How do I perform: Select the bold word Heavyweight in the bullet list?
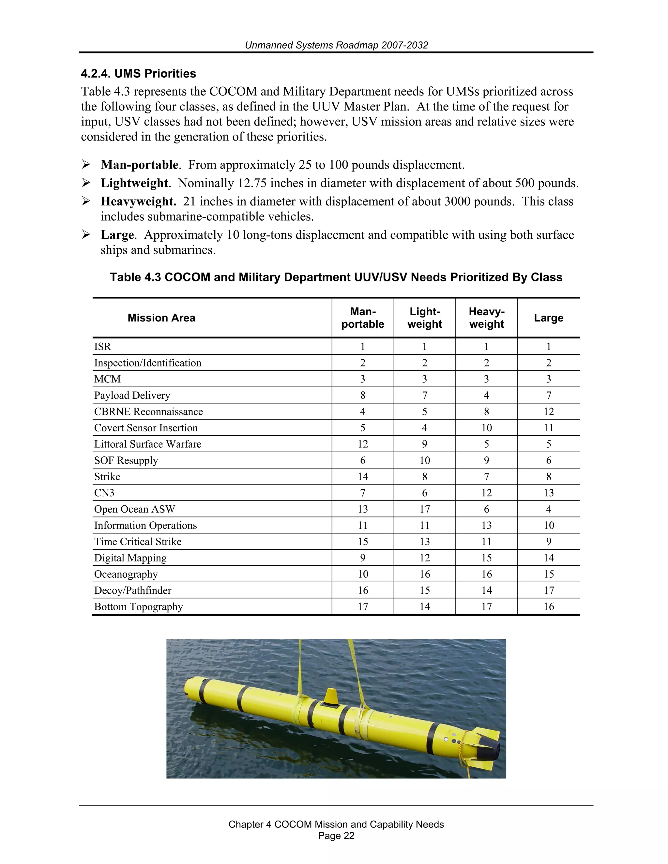[138, 201]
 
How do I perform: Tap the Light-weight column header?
[425, 318]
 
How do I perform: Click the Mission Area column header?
[161, 318]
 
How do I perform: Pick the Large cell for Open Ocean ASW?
[549, 509]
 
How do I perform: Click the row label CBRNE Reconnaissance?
[148, 412]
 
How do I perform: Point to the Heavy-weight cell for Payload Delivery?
[486, 395]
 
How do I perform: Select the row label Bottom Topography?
[139, 607]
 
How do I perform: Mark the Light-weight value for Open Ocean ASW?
[425, 509]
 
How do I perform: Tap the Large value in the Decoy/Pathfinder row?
[549, 591]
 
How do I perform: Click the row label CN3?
[104, 493]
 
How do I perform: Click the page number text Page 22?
[336, 836]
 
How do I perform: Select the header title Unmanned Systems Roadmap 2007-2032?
[336, 45]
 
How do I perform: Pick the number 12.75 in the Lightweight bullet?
[252, 183]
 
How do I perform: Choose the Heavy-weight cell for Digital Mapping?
[486, 558]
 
